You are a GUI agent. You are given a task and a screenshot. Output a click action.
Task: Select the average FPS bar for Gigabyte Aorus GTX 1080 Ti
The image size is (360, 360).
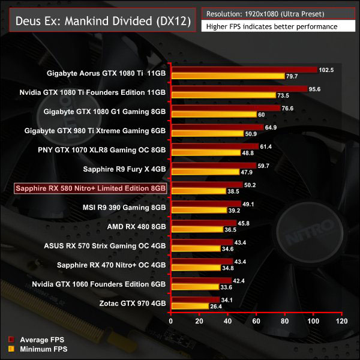coord(244,70)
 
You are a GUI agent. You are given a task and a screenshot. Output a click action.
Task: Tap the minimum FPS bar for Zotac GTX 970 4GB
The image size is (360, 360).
coord(190,307)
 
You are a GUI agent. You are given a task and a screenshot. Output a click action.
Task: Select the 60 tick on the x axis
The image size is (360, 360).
coord(256,322)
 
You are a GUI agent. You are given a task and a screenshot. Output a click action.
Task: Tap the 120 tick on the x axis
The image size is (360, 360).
coord(341,322)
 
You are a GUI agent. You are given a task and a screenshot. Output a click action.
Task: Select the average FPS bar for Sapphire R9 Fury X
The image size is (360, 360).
coord(214,165)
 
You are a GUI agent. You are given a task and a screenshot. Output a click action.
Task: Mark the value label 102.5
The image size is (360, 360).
coord(326,70)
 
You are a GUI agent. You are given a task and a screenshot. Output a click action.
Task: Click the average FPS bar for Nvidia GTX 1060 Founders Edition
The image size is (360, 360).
coord(201,280)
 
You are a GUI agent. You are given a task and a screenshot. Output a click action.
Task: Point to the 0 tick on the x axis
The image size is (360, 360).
coord(171,322)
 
